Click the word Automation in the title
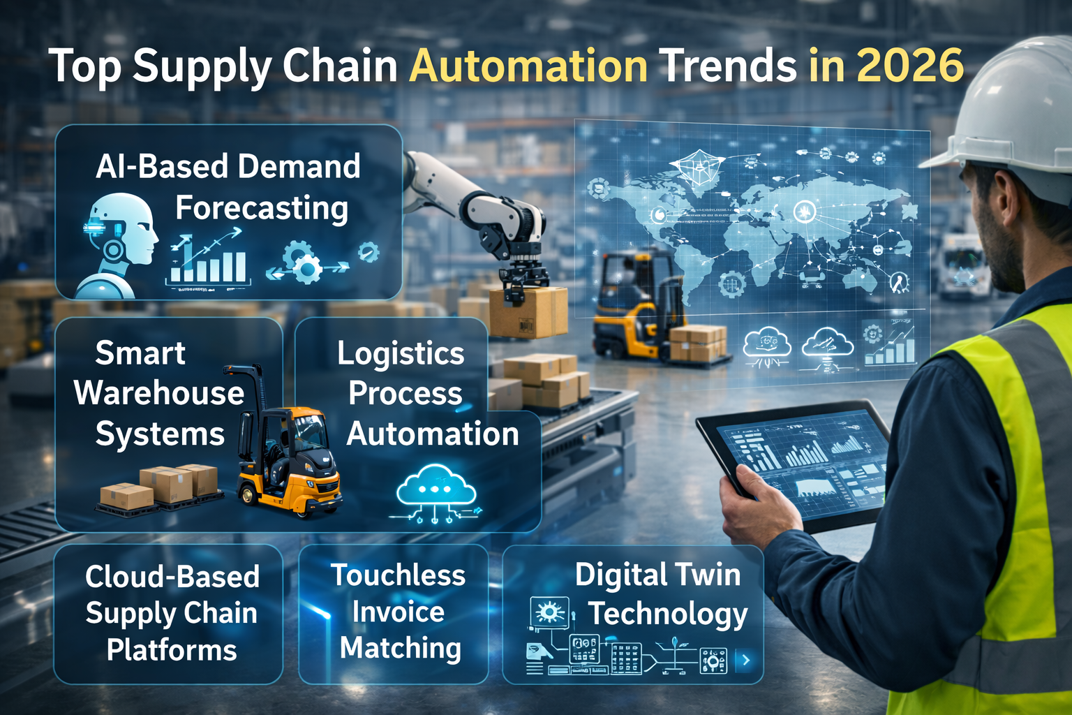coord(528,66)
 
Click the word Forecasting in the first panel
coord(262,208)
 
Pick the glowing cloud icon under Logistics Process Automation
coord(436,489)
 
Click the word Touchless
coord(398,575)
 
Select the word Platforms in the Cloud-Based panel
coord(172,650)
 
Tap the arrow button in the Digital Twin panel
coord(746,660)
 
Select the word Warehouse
coord(159,393)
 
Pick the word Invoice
coord(398,612)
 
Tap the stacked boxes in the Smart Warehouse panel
coord(159,486)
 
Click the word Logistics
coord(401,353)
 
